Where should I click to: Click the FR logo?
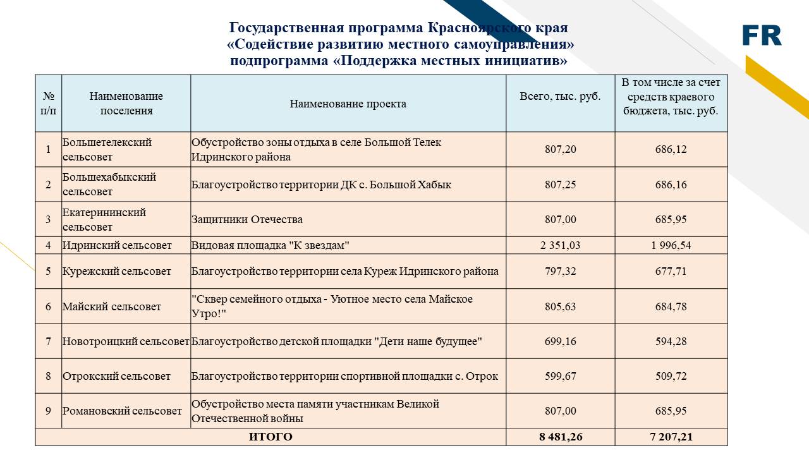coord(762,35)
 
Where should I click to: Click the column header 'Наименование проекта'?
coord(348,104)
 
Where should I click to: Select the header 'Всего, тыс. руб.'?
coord(560,97)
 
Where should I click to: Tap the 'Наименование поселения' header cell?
coord(126,104)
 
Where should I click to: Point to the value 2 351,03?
coord(560,245)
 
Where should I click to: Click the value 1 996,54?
coord(671,245)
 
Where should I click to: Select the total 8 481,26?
coord(560,437)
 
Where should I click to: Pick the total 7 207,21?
coord(671,437)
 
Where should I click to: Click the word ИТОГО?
coord(271,437)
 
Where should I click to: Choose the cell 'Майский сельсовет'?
coord(112,306)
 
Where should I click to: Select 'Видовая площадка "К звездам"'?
coord(271,245)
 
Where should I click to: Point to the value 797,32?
coord(560,271)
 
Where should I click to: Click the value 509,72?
coord(671,376)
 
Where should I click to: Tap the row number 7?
coord(48,341)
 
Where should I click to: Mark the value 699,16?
coord(560,341)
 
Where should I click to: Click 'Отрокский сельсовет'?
coord(116,376)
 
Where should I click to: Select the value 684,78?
coord(671,306)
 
